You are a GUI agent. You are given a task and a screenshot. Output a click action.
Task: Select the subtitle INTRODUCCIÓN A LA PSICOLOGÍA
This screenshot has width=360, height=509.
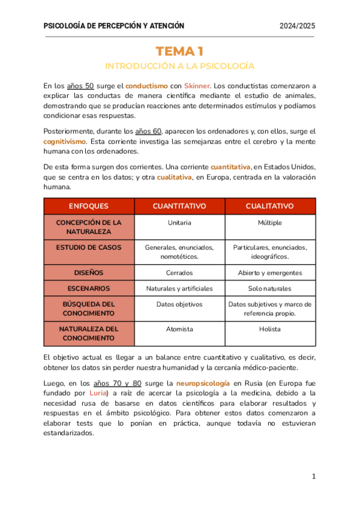(179, 65)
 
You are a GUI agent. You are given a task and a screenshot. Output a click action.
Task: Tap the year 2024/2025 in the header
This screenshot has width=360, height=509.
(298, 26)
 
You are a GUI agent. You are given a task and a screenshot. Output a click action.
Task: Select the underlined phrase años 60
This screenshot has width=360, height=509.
(148, 131)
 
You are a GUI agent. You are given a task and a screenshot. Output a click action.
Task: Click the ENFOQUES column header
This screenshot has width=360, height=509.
(89, 206)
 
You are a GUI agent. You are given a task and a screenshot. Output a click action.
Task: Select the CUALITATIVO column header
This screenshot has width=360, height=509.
(269, 206)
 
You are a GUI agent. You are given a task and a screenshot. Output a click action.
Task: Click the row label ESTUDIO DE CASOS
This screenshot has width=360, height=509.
(89, 247)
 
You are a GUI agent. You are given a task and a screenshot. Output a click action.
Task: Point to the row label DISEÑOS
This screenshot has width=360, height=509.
(89, 273)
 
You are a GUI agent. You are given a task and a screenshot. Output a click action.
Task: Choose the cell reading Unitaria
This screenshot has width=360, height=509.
(179, 223)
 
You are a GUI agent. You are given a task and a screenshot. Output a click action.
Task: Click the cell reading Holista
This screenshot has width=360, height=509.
(269, 329)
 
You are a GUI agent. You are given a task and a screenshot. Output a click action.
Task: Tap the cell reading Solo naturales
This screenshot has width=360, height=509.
(269, 288)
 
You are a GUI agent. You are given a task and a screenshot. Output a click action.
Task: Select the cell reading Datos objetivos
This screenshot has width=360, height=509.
(179, 304)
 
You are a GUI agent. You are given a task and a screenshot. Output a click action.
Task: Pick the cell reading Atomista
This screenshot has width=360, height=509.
(179, 329)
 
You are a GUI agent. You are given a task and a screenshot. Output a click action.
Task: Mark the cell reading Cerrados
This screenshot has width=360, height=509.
(179, 273)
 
